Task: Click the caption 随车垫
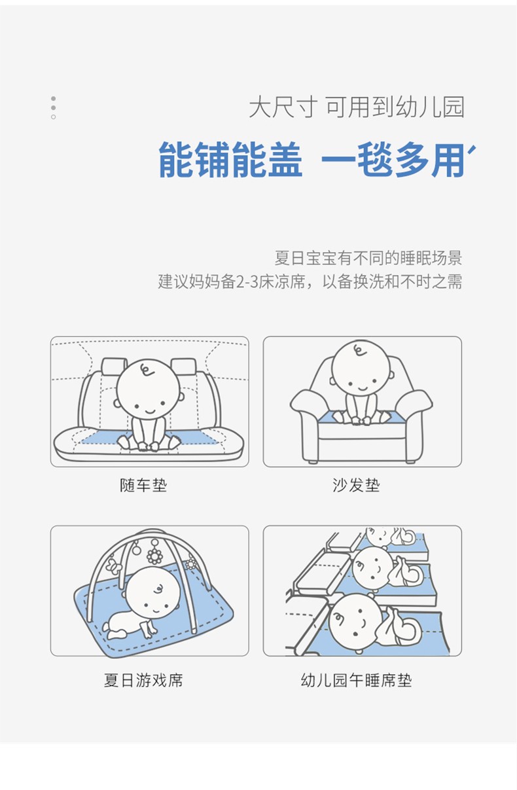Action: (143, 485)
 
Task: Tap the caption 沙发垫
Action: (356, 485)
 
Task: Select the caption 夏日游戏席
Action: (143, 680)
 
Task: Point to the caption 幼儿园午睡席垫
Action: (356, 680)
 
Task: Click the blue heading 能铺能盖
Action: (230, 159)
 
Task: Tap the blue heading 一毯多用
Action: (393, 159)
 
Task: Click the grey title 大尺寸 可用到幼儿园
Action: (357, 107)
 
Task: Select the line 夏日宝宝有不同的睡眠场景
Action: (368, 258)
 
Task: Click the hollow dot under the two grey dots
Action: (53, 117)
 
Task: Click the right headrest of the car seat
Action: (183, 367)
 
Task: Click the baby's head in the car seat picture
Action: (148, 389)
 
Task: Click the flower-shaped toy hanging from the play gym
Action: (154, 556)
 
